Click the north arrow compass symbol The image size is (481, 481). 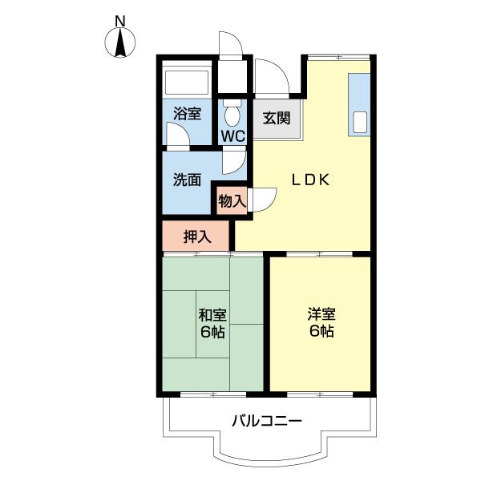point(122,42)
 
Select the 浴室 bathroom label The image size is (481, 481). point(187,115)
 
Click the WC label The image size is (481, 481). point(232,135)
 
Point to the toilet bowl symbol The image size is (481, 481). point(232,113)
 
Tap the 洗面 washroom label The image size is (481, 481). point(187,180)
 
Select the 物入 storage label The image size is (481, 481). point(232,201)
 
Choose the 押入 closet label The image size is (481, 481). point(196,236)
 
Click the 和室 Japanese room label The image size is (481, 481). point(212,315)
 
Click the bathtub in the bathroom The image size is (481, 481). point(187,83)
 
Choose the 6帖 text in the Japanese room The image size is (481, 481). point(212,332)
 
